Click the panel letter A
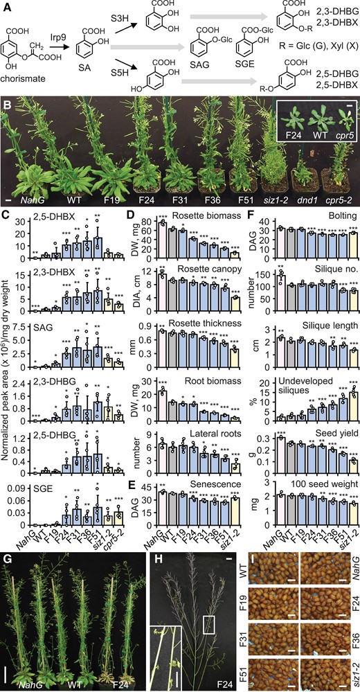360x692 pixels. pyautogui.click(x=7, y=6)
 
